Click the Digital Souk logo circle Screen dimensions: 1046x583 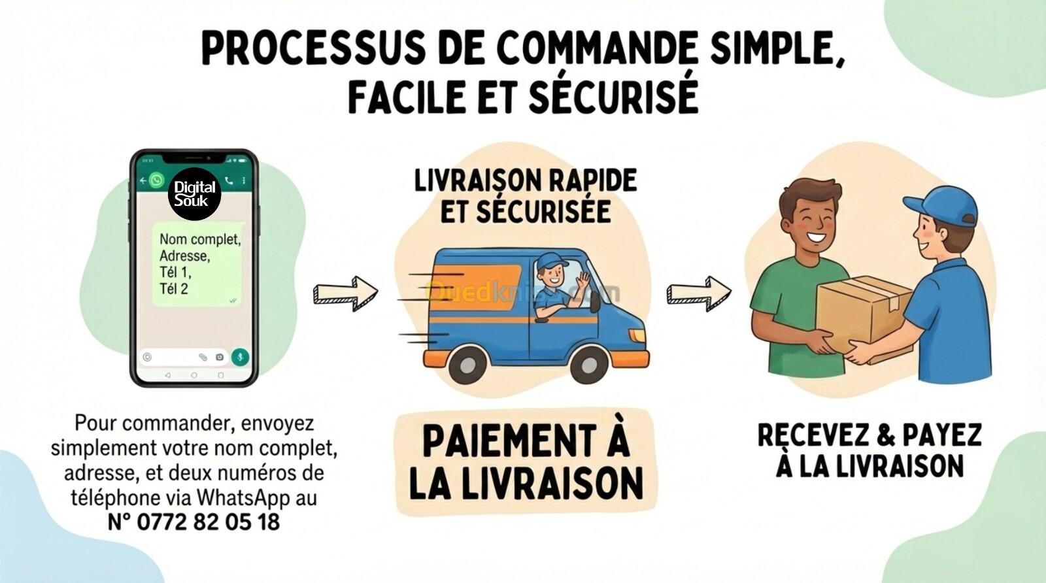[x=194, y=194]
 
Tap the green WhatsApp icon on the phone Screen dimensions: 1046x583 [x=157, y=180]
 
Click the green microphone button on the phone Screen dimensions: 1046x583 [x=241, y=357]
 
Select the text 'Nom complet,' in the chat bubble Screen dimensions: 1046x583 [x=200, y=239]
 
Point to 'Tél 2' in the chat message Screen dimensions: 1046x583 [x=174, y=289]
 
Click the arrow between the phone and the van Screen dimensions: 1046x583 [x=346, y=293]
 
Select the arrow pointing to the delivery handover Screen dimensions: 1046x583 [x=699, y=293]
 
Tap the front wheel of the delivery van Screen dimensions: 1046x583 [x=589, y=364]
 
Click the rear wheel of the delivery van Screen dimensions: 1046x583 [x=467, y=364]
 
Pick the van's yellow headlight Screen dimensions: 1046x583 [x=637, y=335]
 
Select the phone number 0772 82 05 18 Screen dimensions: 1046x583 [x=208, y=522]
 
